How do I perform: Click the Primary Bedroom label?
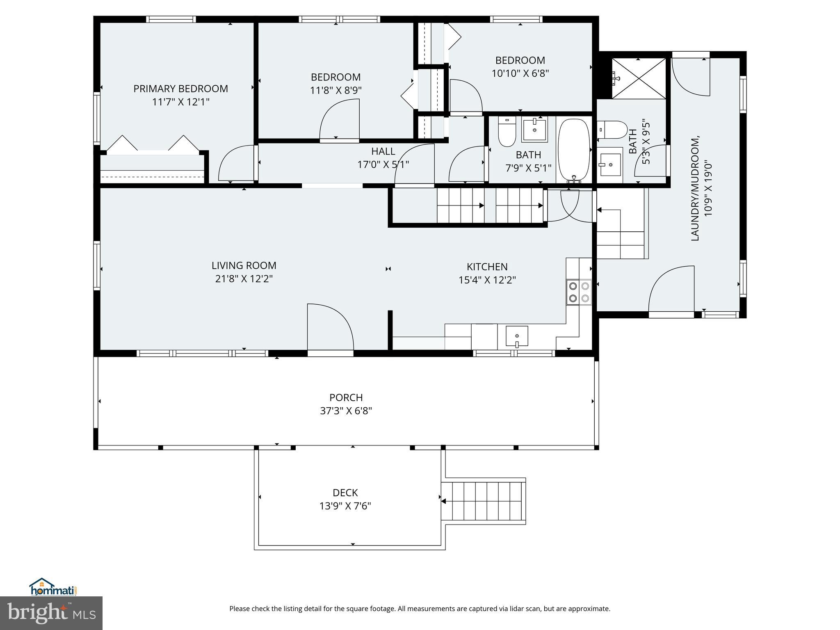(180, 89)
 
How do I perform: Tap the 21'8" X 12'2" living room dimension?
(244, 279)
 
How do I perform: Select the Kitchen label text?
(487, 267)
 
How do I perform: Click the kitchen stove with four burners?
(579, 292)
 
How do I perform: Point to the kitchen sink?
(517, 336)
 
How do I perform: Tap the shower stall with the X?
(639, 78)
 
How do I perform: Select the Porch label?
(346, 397)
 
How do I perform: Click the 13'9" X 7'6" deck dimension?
(345, 506)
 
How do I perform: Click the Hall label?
(383, 151)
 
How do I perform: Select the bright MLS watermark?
(51, 613)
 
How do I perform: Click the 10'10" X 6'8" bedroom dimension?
(520, 73)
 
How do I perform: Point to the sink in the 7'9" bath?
(535, 129)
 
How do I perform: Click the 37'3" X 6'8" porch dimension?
(346, 411)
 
